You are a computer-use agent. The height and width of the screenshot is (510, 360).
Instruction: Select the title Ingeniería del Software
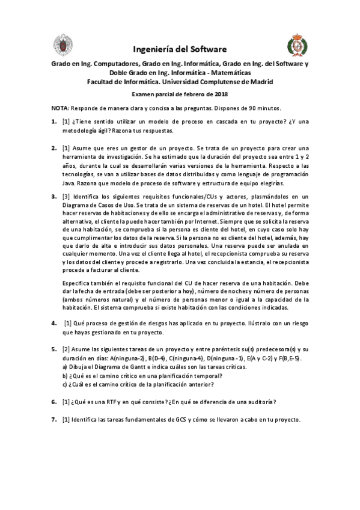point(180,49)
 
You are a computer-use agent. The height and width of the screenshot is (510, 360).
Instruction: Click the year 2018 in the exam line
point(220,94)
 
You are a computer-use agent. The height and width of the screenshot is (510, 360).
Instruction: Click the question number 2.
point(53,148)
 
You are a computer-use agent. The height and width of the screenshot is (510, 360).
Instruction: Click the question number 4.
point(53,323)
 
